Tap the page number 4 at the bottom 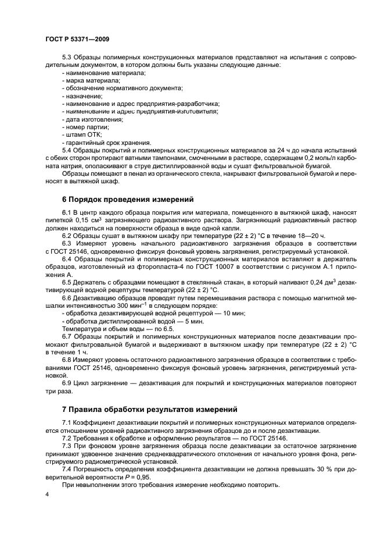click(46, 494)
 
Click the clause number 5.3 click(67, 58)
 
